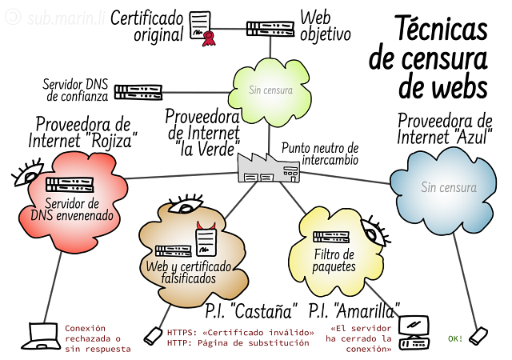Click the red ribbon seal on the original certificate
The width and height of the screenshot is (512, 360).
[209, 38]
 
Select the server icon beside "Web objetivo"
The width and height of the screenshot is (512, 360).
[270, 29]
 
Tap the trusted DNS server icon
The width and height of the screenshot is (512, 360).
[138, 93]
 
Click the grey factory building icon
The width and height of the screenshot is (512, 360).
[269, 168]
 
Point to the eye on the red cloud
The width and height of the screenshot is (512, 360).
[28, 173]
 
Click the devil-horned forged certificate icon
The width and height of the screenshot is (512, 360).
[206, 239]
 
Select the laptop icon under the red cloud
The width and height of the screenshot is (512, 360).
[41, 336]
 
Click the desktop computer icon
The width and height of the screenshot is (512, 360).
[414, 333]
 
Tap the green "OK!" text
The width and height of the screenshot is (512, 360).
[455, 338]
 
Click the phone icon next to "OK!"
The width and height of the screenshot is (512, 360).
[478, 336]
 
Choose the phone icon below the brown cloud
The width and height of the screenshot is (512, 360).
[153, 335]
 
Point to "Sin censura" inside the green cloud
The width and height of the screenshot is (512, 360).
[270, 90]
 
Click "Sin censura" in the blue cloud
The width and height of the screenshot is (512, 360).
[449, 187]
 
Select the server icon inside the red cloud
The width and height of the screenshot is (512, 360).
[70, 185]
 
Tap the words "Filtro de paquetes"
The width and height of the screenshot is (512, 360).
[334, 260]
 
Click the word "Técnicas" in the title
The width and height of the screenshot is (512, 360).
[441, 28]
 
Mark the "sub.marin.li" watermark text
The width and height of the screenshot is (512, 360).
[66, 18]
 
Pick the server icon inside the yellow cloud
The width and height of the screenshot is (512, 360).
[331, 237]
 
